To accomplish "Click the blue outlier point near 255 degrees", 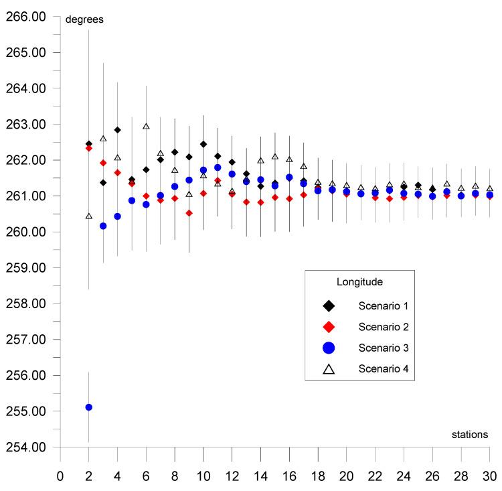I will pos(88,407).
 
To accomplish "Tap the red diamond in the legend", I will pos(329,327).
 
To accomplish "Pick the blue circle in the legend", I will pos(329,348).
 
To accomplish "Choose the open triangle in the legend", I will pos(329,368).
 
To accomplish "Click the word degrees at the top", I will pos(84,19).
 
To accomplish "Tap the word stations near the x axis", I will pos(470,435).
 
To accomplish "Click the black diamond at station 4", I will pos(117,130).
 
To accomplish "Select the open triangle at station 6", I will pos(146,126).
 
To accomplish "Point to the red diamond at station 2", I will pos(88,148).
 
